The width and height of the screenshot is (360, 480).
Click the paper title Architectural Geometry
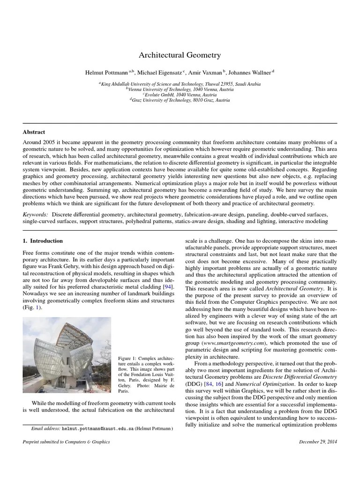pos(180,55)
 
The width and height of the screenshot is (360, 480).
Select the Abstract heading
pos(34,132)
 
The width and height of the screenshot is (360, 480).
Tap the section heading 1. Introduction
pos(43,241)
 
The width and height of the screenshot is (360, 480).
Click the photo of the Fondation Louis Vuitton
pos(67,355)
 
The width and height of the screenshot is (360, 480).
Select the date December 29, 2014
pos(318,442)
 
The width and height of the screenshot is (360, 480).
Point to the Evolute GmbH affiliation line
pos(180,94)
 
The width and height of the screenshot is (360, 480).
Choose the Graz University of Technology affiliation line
pos(180,100)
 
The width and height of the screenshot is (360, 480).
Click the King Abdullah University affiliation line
pos(180,83)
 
